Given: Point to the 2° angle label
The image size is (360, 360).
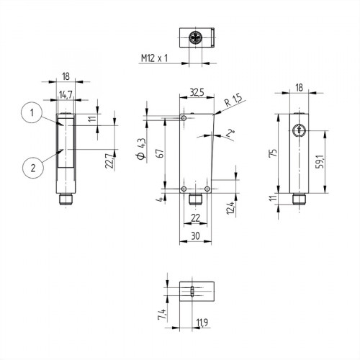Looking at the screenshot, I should tap(230, 132).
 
